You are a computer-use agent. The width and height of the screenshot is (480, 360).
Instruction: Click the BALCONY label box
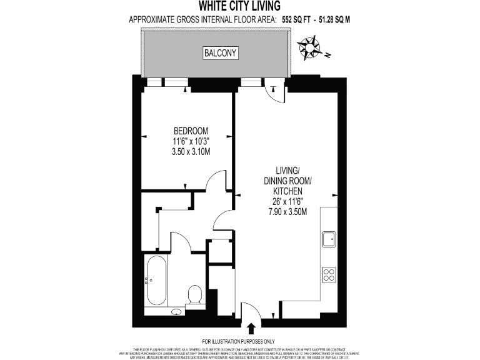coord(221,53)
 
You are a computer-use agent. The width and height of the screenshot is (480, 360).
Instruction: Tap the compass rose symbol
coord(309,47)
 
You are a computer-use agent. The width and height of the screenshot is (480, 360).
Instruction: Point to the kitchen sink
coord(329,239)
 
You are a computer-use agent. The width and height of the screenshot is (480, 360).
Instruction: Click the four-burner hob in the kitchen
coord(329,274)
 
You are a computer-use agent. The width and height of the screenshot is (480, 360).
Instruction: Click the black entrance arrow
coord(252,328)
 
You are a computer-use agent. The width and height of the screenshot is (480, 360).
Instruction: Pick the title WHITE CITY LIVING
coord(239,6)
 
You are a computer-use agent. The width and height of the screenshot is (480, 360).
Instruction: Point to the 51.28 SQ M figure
coord(335,19)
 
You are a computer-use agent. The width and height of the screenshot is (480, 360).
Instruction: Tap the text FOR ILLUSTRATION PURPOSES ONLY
coord(239,341)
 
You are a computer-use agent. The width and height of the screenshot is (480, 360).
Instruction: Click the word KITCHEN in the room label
coord(288,191)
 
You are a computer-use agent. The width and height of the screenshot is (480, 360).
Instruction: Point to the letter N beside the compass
coord(326,54)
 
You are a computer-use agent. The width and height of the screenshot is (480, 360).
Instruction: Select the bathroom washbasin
coord(177,311)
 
